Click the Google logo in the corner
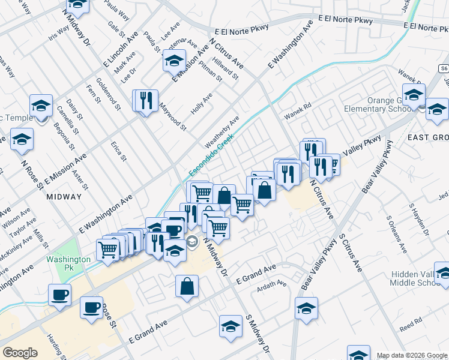[x=20, y=353]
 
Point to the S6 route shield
[x=443, y=69]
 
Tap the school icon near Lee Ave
[x=174, y=61]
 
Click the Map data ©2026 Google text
[x=412, y=355]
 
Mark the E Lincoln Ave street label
[x=121, y=49]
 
